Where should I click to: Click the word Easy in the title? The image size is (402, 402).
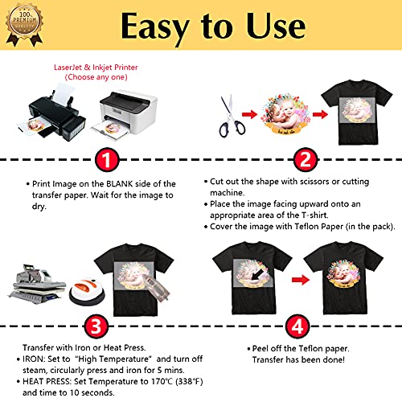click(x=162, y=27)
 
